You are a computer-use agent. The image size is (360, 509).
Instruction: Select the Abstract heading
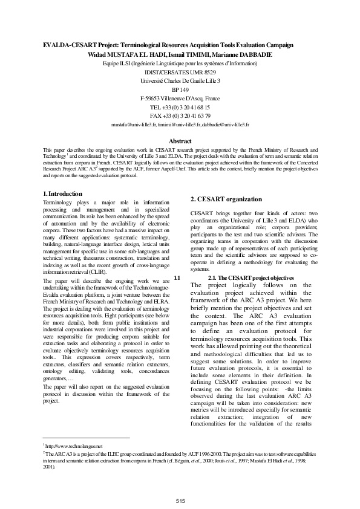coord(180,141)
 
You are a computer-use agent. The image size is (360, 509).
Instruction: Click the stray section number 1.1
coord(177,277)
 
